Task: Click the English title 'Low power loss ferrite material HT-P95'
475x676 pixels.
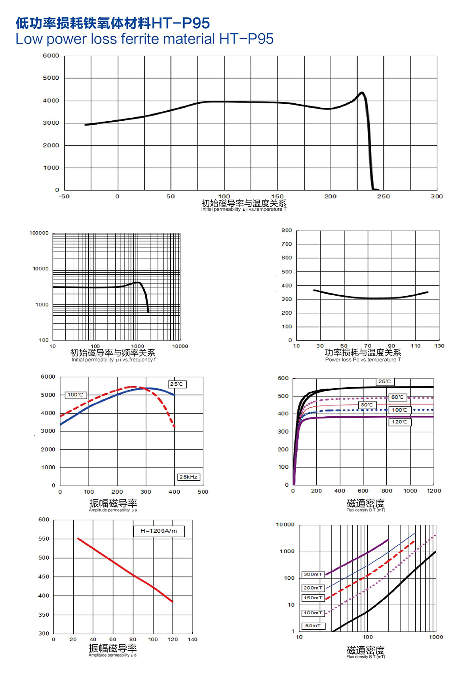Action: coord(144,39)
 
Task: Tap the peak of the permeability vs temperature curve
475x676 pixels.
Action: coord(362,93)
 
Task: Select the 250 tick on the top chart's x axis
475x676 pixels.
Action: coord(383,196)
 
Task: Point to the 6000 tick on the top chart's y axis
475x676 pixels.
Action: coord(51,56)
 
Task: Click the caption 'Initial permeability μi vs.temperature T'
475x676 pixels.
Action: coord(243,209)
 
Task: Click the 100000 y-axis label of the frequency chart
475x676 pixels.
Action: coord(39,233)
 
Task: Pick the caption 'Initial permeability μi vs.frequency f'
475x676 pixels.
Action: coord(114,360)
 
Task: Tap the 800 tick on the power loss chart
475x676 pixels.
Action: coord(287,230)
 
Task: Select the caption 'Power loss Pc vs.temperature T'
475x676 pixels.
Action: coord(363,360)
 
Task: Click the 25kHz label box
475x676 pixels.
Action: coord(188,477)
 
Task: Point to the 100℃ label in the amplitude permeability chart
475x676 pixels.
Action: coord(76,395)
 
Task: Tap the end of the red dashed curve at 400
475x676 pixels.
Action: coord(174,426)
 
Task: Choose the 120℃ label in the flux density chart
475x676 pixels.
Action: coord(399,422)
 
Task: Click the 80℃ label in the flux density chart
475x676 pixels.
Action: coord(367,405)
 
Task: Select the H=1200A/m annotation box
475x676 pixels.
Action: coord(159,531)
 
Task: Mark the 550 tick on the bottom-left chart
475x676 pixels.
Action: coord(44,539)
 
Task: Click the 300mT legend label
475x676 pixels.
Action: coord(313,574)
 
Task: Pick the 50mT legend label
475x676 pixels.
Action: coord(313,626)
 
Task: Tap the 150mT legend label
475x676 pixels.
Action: coord(313,598)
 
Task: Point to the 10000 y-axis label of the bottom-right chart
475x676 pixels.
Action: coord(285,525)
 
